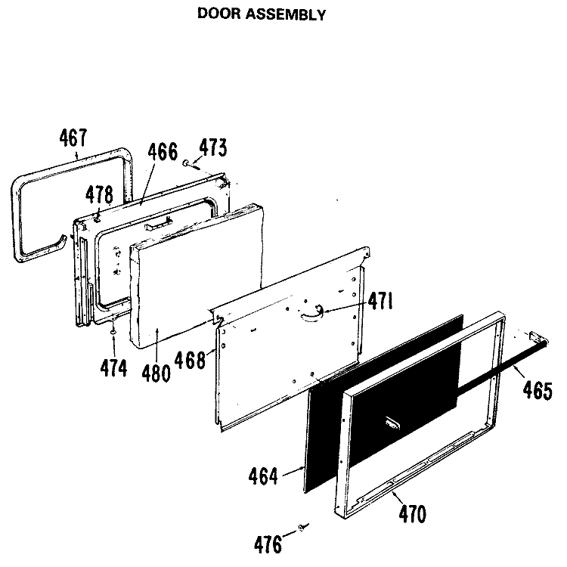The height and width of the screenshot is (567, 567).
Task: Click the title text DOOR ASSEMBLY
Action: pos(262,14)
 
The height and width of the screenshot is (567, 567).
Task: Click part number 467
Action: pos(73,138)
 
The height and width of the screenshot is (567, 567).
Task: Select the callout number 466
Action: pos(163,151)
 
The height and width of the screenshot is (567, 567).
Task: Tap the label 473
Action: pos(213,147)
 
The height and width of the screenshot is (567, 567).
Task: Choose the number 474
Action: pos(113,368)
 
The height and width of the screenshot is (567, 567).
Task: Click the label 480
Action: pos(156,373)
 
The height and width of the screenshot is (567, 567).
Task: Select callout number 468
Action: pos(191,360)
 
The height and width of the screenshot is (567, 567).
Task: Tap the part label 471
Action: pos(380,301)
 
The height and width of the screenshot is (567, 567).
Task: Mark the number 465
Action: pos(538,391)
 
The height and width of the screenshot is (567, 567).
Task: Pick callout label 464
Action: pos(263,476)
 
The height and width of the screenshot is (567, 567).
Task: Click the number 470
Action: pos(413,514)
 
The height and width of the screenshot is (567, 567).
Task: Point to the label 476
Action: pos(268,545)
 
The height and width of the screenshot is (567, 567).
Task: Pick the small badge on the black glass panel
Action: pos(393,423)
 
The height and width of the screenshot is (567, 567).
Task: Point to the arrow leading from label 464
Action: pos(293,471)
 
